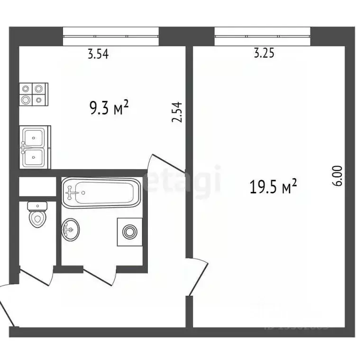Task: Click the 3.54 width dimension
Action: [98, 54]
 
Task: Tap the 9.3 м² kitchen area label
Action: [109, 109]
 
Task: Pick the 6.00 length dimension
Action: [337, 176]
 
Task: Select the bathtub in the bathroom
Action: [101, 192]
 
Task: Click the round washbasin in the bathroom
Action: [71, 229]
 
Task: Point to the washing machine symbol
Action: [129, 232]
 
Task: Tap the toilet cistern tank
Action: [37, 206]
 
